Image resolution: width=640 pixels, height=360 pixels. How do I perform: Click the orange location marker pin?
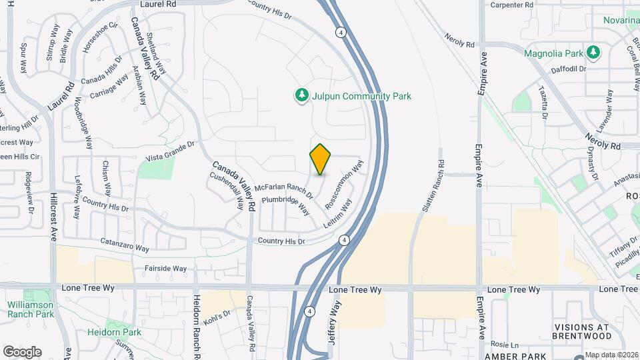(x=321, y=159)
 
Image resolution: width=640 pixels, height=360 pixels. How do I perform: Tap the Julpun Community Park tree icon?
(x=302, y=96)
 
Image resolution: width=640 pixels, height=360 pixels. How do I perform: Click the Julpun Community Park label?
(x=361, y=96)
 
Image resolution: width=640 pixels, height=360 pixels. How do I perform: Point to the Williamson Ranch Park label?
(x=31, y=309)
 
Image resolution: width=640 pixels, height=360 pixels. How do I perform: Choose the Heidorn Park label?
(x=114, y=331)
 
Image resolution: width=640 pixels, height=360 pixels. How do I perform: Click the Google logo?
(x=22, y=351)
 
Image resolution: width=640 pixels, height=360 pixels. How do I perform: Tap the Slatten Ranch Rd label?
(x=431, y=186)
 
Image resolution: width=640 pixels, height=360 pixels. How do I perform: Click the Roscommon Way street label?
(x=345, y=185)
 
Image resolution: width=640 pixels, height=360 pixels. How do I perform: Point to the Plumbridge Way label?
(x=286, y=204)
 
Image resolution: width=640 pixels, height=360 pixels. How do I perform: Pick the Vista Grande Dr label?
(x=169, y=151)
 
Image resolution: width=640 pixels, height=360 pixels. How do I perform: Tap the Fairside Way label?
(x=165, y=269)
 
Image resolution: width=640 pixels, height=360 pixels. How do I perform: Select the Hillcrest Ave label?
(x=53, y=216)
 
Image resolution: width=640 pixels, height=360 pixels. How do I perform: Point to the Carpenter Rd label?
(x=512, y=5)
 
